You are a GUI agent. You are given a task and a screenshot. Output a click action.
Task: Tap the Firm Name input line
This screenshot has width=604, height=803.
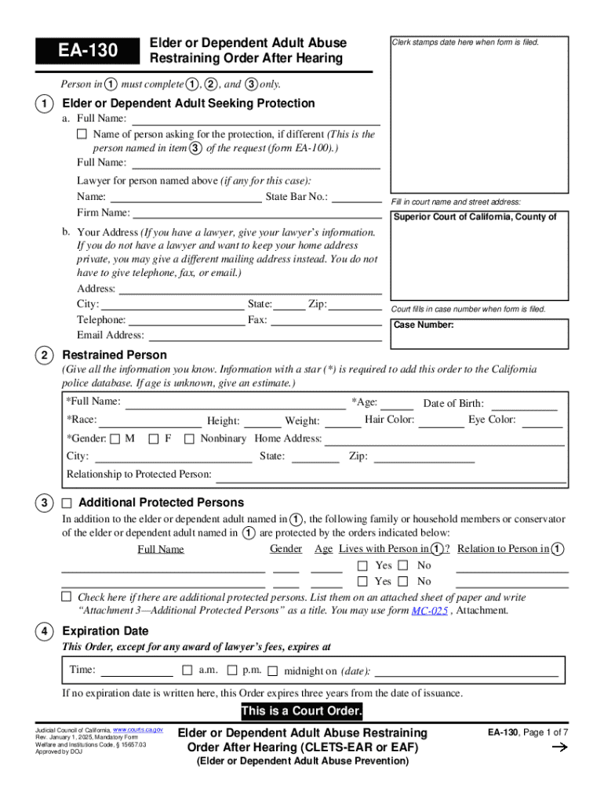pyautogui.click(x=257, y=213)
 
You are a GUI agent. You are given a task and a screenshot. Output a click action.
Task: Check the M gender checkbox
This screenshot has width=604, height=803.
pyautogui.click(x=115, y=439)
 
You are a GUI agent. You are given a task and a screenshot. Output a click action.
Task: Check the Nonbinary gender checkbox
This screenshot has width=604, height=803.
pyautogui.click(x=189, y=439)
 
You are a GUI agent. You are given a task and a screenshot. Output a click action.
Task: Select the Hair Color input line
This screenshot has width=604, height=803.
pyautogui.click(x=441, y=421)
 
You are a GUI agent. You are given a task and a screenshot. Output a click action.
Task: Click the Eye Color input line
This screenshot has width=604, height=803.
pyautogui.click(x=543, y=421)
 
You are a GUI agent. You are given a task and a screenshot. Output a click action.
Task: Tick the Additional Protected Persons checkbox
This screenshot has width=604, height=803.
pyautogui.click(x=67, y=503)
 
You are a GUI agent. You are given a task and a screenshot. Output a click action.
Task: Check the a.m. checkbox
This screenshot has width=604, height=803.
pyautogui.click(x=187, y=670)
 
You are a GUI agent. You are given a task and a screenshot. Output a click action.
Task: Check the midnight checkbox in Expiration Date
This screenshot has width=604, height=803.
pyautogui.click(x=272, y=671)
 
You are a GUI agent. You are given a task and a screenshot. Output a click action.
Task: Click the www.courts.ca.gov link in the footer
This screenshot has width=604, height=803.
pyautogui.click(x=138, y=729)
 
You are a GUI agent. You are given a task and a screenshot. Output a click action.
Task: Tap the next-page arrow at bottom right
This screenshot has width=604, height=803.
pyautogui.click(x=560, y=747)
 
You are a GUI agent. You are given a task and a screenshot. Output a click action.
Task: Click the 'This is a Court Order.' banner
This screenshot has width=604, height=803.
pyautogui.click(x=302, y=712)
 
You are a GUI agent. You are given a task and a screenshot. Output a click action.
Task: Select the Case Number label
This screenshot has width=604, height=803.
pyautogui.click(x=424, y=325)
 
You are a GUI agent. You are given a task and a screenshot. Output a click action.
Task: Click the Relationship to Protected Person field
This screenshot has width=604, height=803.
pyautogui.click(x=391, y=475)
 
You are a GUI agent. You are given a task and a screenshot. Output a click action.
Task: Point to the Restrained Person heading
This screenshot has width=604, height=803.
pyautogui.click(x=115, y=355)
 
